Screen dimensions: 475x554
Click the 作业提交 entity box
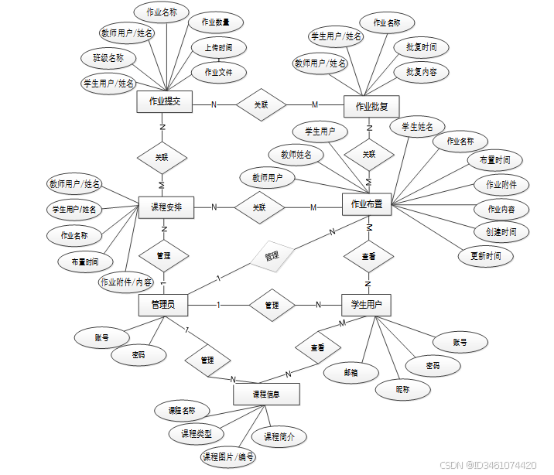(164, 102)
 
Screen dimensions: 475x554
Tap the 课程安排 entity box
(166, 207)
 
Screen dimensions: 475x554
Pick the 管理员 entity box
(162, 306)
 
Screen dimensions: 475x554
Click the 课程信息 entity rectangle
(265, 395)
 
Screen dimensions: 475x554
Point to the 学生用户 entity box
(366, 305)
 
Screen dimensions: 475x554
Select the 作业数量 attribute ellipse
(216, 22)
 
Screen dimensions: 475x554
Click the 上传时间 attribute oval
(219, 48)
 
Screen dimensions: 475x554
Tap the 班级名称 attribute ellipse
(108, 58)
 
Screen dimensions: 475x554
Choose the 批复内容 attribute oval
(422, 72)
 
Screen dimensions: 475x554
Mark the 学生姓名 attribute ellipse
(417, 126)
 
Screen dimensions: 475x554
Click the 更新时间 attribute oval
(485, 255)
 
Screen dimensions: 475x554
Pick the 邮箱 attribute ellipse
(351, 372)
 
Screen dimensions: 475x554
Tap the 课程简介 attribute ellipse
(279, 437)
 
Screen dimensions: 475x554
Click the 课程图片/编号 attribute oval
(228, 456)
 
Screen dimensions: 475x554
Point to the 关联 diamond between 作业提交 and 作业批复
(262, 105)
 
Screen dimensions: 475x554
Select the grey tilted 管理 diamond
(271, 255)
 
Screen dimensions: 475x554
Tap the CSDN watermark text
(487, 465)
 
